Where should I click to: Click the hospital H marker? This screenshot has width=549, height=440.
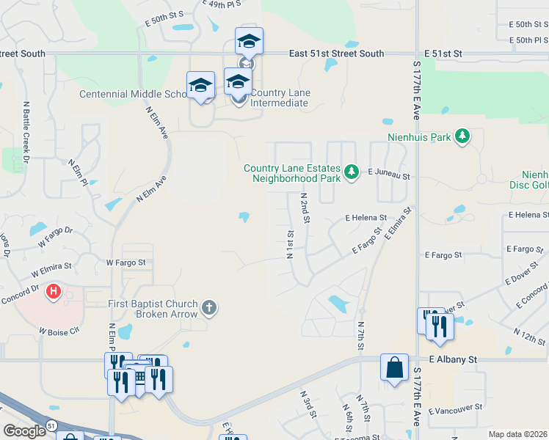click(x=54, y=293)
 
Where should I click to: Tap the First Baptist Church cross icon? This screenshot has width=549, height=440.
click(x=209, y=307)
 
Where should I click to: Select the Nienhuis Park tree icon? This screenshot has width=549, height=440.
click(x=462, y=136)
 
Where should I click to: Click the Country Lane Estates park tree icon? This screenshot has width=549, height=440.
click(x=352, y=172)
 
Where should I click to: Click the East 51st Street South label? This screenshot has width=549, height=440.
click(x=336, y=54)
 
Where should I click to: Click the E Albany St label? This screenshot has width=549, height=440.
click(x=453, y=359)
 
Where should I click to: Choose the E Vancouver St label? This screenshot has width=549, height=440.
click(x=455, y=406)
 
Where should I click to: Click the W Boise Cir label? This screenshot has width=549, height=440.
click(x=59, y=332)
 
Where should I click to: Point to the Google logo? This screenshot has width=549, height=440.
click(x=24, y=430)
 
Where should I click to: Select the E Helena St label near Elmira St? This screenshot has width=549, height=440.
click(x=366, y=218)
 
